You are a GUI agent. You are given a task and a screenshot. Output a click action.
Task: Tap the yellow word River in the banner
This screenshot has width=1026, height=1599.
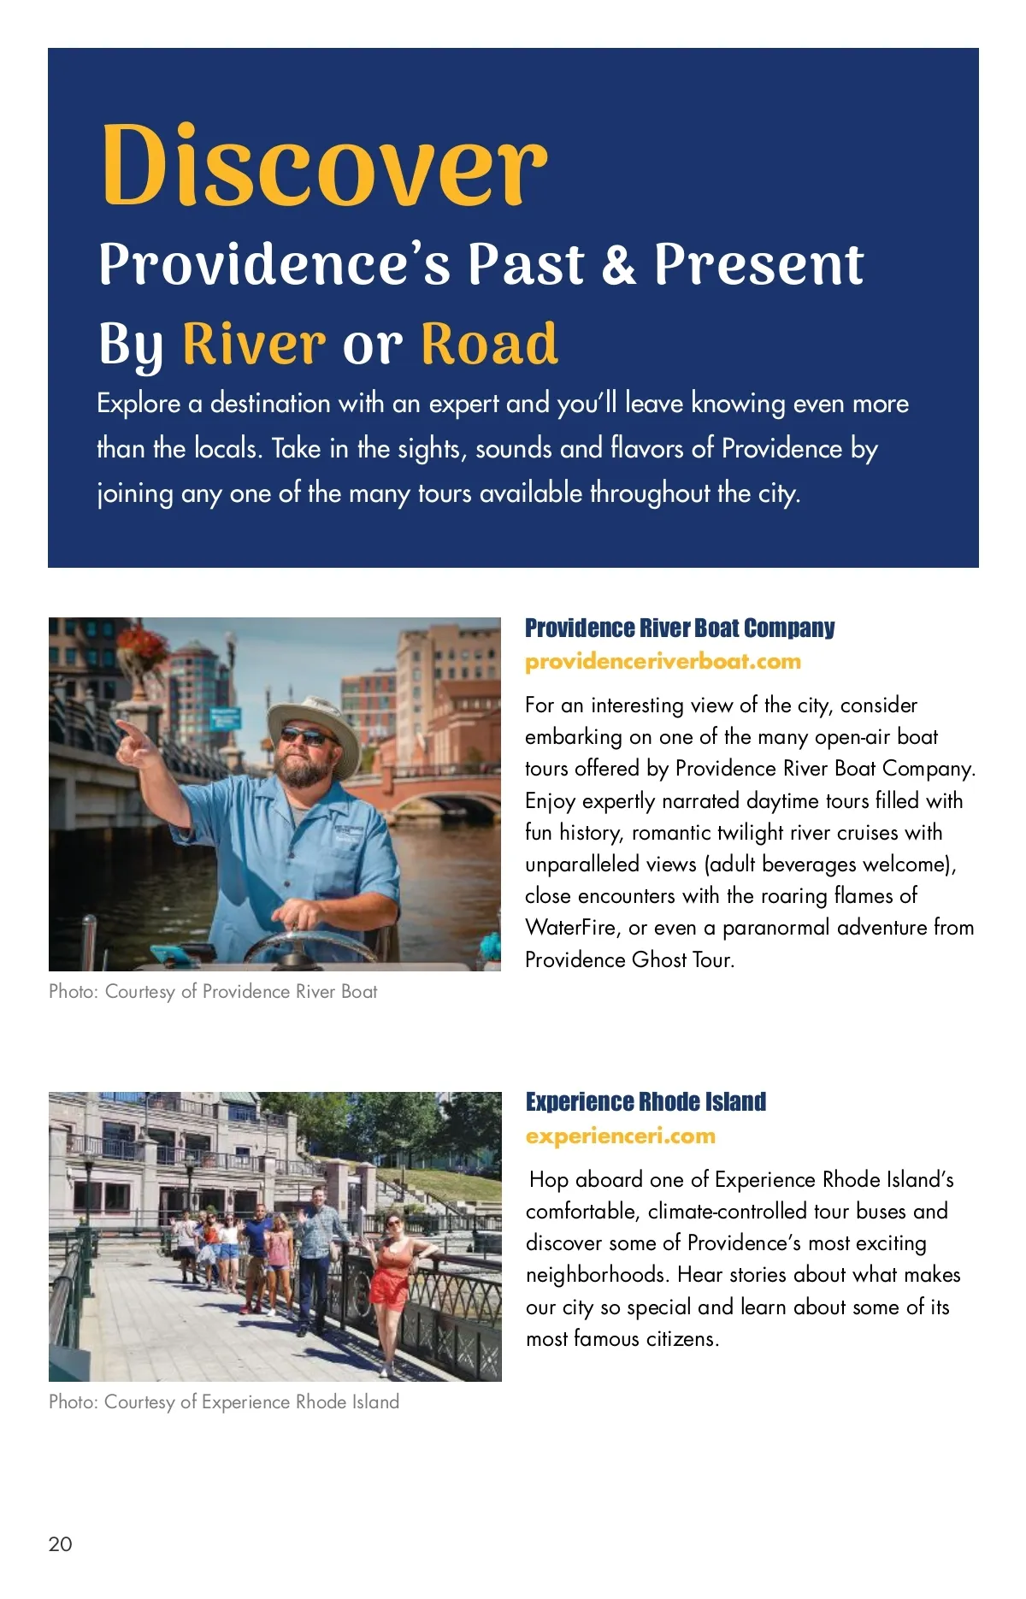(254, 344)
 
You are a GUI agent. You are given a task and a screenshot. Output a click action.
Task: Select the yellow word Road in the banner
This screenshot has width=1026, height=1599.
(489, 344)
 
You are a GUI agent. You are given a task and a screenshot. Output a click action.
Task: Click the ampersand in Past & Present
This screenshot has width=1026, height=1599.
(619, 264)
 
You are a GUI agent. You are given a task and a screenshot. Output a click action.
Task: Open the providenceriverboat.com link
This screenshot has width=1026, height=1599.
(663, 662)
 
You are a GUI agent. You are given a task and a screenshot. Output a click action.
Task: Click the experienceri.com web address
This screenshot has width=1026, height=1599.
(620, 1136)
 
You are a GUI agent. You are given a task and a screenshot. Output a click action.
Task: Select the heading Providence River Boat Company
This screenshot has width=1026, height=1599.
(679, 628)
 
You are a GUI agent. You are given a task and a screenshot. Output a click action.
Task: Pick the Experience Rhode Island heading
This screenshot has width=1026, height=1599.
(646, 1102)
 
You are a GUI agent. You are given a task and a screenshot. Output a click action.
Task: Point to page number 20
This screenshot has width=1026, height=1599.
(61, 1543)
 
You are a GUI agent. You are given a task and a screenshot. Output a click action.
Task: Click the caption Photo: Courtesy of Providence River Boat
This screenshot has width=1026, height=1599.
(213, 992)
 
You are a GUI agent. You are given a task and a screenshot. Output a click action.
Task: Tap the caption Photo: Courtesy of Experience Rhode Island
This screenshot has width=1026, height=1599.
(224, 1402)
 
